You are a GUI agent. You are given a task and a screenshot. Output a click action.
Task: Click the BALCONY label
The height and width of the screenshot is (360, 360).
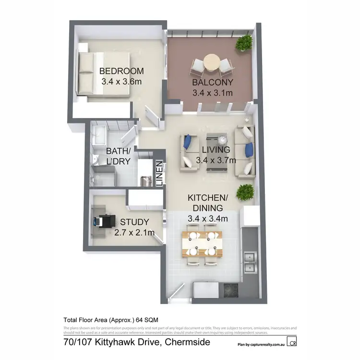211,83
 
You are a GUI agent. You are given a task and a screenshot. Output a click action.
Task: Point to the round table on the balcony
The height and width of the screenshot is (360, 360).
211,63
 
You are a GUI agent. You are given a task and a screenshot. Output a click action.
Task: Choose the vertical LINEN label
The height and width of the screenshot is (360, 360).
159,173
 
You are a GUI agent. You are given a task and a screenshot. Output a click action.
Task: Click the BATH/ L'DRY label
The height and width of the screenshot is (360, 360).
118,156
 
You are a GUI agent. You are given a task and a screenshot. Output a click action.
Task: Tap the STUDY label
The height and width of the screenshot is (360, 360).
134,222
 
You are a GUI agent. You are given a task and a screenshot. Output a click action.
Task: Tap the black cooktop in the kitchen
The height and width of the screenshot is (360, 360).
230,289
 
